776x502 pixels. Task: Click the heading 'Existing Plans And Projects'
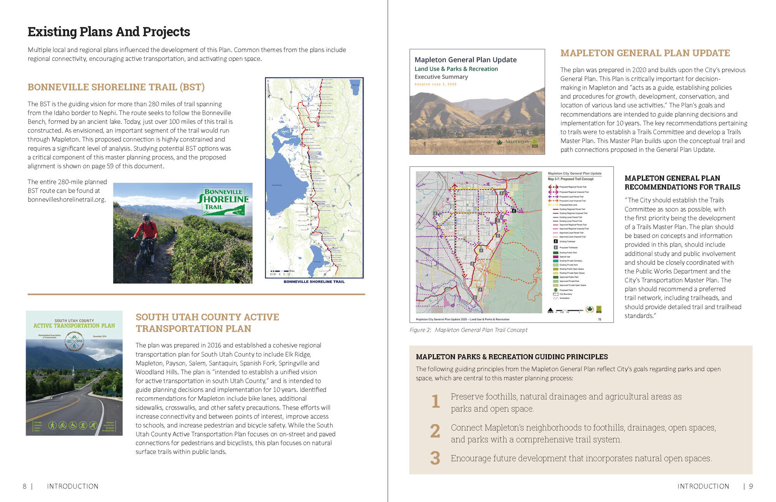tap(109, 32)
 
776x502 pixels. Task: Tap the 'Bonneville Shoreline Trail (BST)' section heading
tap(116, 87)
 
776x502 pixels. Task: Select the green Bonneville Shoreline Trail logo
tap(223, 201)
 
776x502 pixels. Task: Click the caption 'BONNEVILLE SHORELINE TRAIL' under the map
tap(314, 282)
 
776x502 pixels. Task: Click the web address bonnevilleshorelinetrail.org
tap(66, 199)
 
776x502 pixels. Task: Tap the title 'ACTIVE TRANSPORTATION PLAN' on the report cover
tap(74, 326)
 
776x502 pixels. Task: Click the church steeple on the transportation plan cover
tap(73, 371)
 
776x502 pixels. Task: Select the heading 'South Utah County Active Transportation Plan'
tap(207, 323)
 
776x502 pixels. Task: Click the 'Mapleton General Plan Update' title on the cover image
tap(465, 60)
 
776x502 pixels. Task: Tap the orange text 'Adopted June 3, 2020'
tap(435, 84)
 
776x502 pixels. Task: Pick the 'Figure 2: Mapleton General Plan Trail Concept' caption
tap(468, 330)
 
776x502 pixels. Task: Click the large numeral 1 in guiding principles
tap(436, 402)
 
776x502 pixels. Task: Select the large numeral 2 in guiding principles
tap(435, 431)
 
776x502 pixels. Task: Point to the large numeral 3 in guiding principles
tap(435, 458)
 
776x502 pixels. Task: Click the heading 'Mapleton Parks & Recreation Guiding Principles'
tap(512, 357)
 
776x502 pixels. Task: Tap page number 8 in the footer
tap(25, 486)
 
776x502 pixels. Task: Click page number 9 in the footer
tap(751, 486)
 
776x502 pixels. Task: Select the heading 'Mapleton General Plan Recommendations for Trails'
tap(682, 183)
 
